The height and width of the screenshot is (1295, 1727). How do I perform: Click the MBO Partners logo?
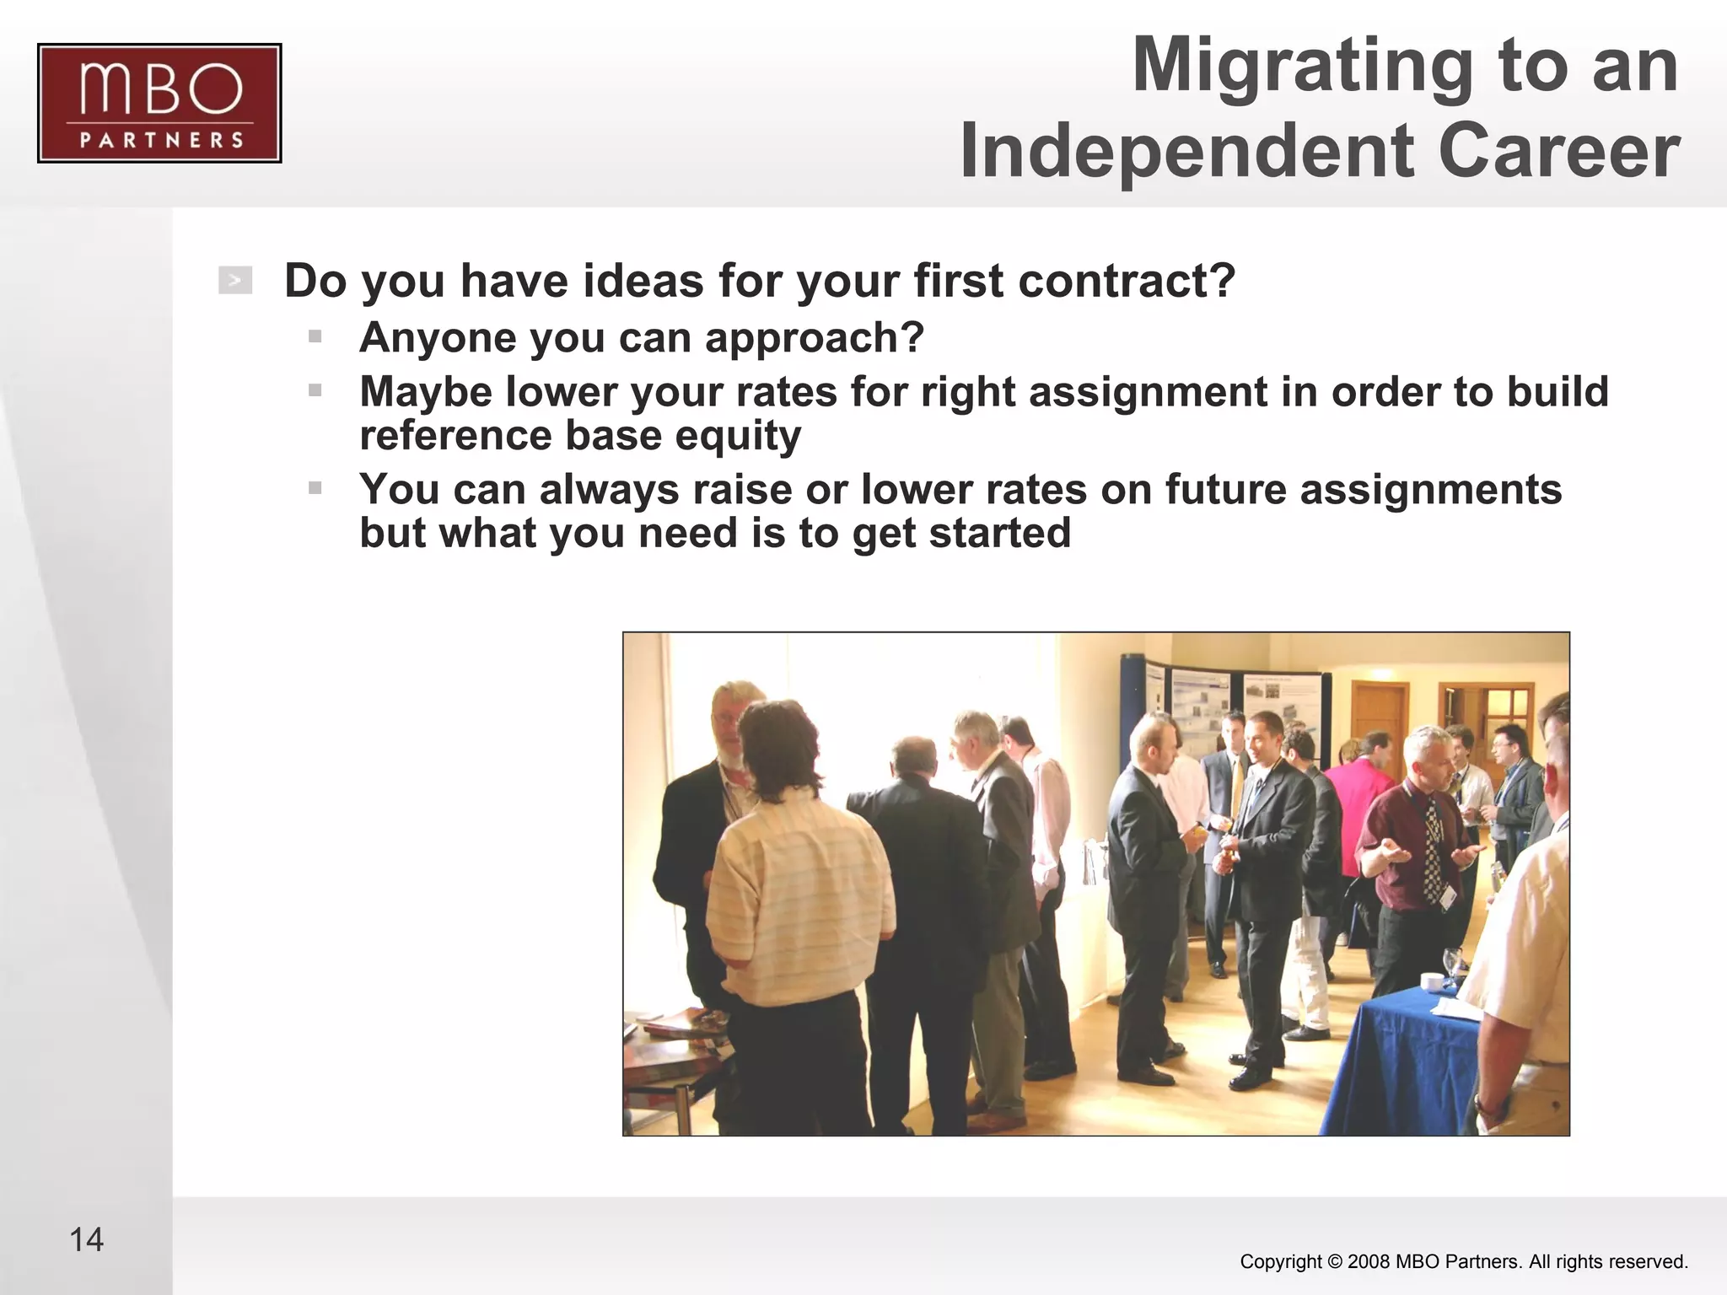[159, 103]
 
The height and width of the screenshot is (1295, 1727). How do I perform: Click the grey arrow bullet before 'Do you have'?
[235, 281]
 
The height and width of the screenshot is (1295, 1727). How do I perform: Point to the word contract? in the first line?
[1127, 281]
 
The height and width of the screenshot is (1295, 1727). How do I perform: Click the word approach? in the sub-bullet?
[815, 338]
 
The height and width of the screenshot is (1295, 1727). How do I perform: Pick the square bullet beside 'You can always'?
[315, 488]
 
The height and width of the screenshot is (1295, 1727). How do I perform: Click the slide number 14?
[86, 1240]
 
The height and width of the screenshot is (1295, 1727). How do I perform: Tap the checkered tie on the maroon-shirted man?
[1432, 852]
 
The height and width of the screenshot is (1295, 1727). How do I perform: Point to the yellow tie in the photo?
[1237, 788]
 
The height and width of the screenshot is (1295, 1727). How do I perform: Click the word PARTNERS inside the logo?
[161, 140]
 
